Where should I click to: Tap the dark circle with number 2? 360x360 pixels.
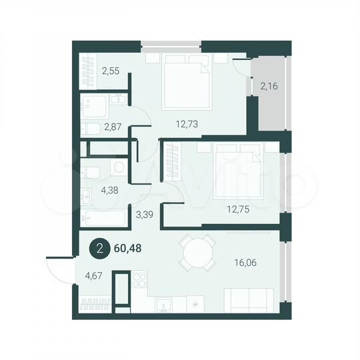click(99, 249)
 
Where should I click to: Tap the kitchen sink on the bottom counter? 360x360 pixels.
click(164, 305)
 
